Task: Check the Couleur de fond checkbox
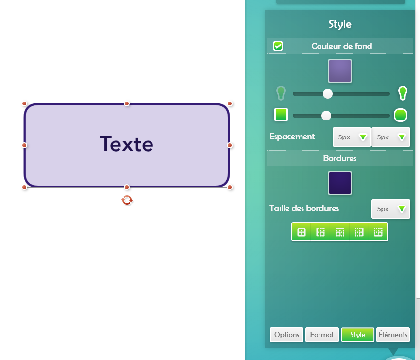[x=278, y=46]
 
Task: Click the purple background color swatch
[x=340, y=71]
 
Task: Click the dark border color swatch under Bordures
[x=340, y=183]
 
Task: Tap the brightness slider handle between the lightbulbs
[x=328, y=94]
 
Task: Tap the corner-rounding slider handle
[x=326, y=116]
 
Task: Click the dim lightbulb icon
[x=281, y=93]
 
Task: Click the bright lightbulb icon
[x=403, y=93]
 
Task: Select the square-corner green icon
[x=281, y=115]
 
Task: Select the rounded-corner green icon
[x=401, y=115]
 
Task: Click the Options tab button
[x=286, y=335]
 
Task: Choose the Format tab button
[x=322, y=335]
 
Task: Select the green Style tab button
[x=357, y=335]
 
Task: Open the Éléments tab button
[x=393, y=335]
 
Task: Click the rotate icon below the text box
[x=127, y=200]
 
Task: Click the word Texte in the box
[x=126, y=144]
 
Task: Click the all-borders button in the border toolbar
[x=302, y=232]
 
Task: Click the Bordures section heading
[x=340, y=158]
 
